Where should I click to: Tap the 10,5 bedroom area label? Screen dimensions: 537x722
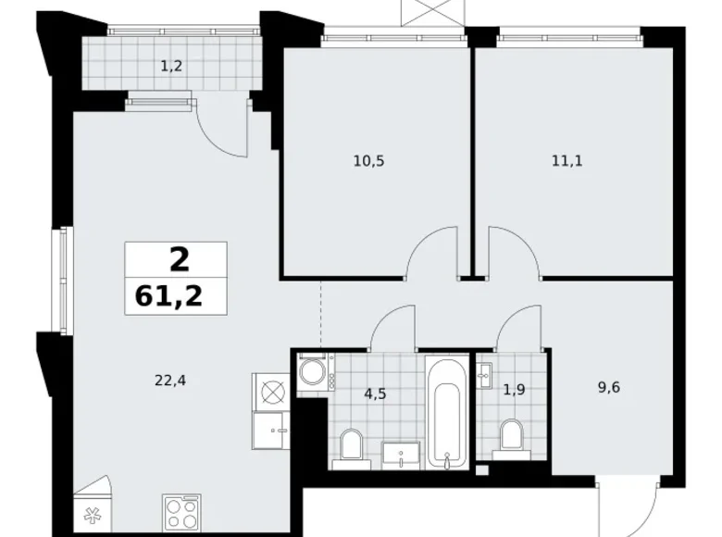click(x=367, y=160)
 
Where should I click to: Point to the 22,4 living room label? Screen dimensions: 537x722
click(x=166, y=378)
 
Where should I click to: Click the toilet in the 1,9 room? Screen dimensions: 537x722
click(x=509, y=438)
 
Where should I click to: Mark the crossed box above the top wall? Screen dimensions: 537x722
click(x=423, y=14)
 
